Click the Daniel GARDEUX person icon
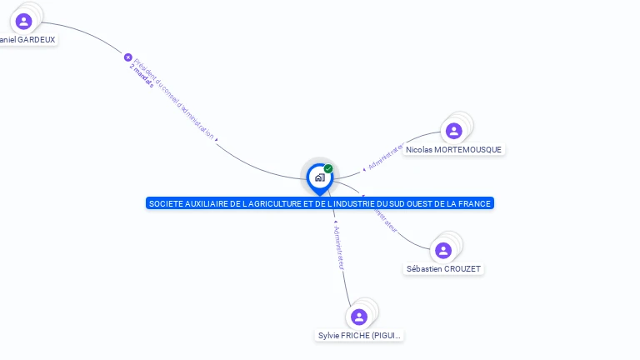pos(23,21)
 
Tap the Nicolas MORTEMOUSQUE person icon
pos(453,131)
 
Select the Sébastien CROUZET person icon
pos(443,250)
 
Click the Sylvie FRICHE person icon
pos(359,317)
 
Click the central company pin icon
pos(319,177)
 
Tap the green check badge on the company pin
pos(328,169)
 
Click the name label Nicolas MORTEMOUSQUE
pos(453,149)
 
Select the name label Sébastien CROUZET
pos(443,268)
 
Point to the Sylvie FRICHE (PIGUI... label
pos(359,335)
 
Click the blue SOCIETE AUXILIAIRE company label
pos(319,203)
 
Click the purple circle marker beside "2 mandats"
pos(128,57)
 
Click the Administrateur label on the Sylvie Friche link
pos(337,247)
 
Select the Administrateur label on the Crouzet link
pos(384,218)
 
